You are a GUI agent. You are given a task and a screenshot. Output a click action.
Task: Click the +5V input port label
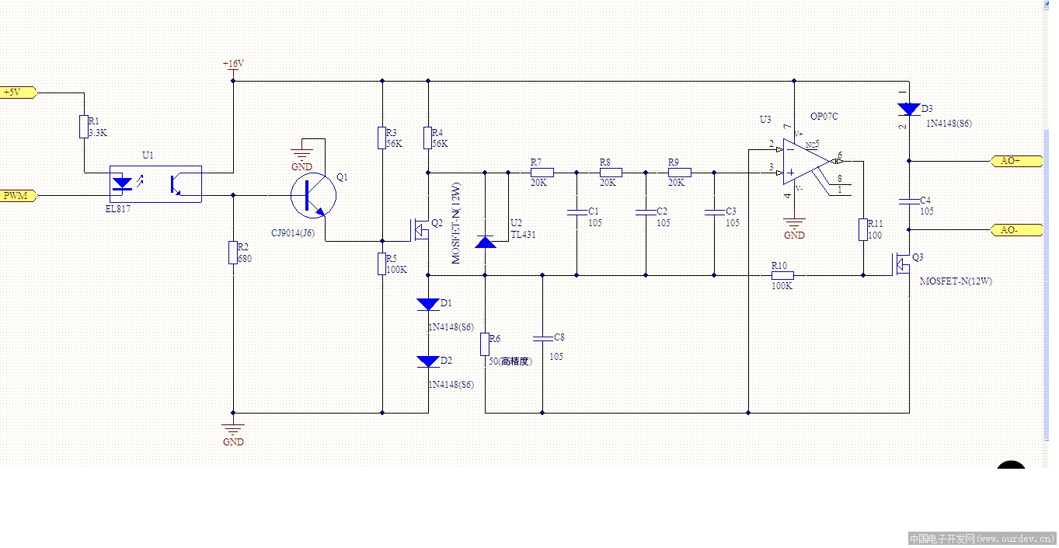[16, 92]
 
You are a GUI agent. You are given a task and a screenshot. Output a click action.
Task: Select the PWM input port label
[16, 195]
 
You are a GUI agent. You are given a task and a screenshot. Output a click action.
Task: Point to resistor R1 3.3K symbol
[83, 127]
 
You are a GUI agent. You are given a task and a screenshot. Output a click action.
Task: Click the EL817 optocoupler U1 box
[155, 184]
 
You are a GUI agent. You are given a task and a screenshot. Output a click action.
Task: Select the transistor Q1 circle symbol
[314, 196]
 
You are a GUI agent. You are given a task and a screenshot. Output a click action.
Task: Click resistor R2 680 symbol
[232, 253]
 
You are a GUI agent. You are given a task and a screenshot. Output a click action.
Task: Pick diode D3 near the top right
[909, 109]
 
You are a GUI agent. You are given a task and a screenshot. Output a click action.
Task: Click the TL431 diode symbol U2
[486, 242]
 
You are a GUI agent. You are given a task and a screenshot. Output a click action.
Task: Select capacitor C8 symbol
[542, 338]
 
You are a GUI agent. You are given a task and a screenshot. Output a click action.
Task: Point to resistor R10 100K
[782, 274]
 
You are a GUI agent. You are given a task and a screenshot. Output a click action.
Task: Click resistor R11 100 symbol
[862, 229]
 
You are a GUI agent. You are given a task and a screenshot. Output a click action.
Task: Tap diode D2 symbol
[428, 361]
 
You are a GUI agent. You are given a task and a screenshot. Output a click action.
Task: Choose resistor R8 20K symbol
[611, 173]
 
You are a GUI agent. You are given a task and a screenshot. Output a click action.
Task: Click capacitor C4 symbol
[909, 201]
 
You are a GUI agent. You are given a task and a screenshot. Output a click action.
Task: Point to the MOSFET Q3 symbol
[903, 264]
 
